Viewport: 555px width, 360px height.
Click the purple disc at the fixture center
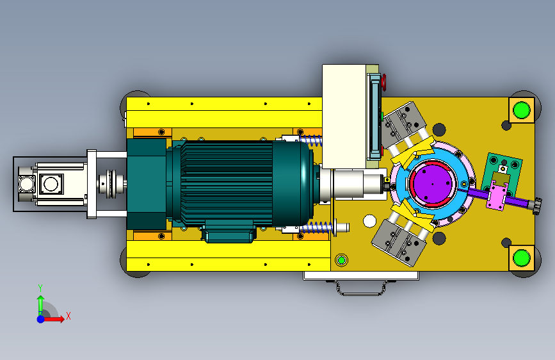point(432,183)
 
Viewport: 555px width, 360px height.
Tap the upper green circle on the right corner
point(521,110)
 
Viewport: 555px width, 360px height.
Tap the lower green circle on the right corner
point(521,258)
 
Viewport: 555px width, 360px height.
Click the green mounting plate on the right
point(503,174)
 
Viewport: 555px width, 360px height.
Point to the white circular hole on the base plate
point(369,221)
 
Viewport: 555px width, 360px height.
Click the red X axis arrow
point(54,319)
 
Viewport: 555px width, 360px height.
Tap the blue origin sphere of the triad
point(41,319)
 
